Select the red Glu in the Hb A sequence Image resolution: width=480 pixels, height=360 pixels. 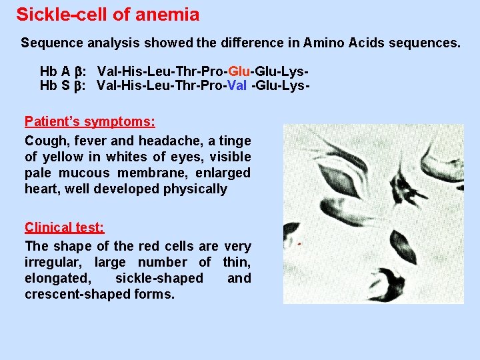coord(239,71)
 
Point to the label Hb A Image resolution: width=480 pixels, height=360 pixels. coord(55,71)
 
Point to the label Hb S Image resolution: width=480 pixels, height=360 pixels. coord(55,85)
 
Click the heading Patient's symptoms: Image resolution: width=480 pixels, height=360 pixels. coord(90,121)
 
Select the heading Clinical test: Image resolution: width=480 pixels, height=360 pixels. coord(64,227)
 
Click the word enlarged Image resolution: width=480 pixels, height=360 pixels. coord(224,173)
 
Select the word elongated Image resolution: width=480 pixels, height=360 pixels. coord(57,278)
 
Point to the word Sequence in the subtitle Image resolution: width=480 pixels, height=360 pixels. coord(50,43)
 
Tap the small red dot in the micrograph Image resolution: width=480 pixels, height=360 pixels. coord(299,245)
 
